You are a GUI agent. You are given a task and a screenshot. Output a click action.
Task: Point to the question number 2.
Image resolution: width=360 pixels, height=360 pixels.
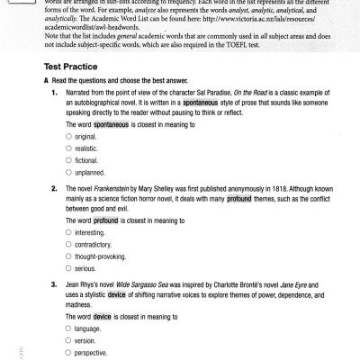point(56,188)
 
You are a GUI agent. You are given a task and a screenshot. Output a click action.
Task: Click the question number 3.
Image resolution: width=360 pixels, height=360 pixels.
point(56,283)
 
